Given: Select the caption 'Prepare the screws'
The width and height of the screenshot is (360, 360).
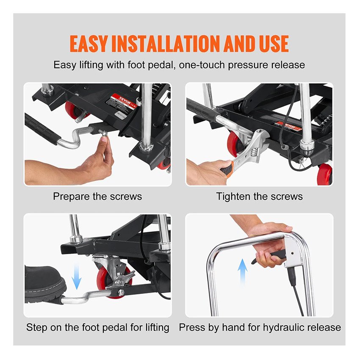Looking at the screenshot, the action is coord(97,197).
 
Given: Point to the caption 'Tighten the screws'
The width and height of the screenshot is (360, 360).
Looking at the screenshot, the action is coord(260,197).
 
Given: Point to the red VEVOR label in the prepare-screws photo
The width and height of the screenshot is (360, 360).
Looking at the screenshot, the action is coord(121,102).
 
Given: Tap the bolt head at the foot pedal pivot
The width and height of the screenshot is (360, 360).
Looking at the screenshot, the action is coord(121,292).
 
